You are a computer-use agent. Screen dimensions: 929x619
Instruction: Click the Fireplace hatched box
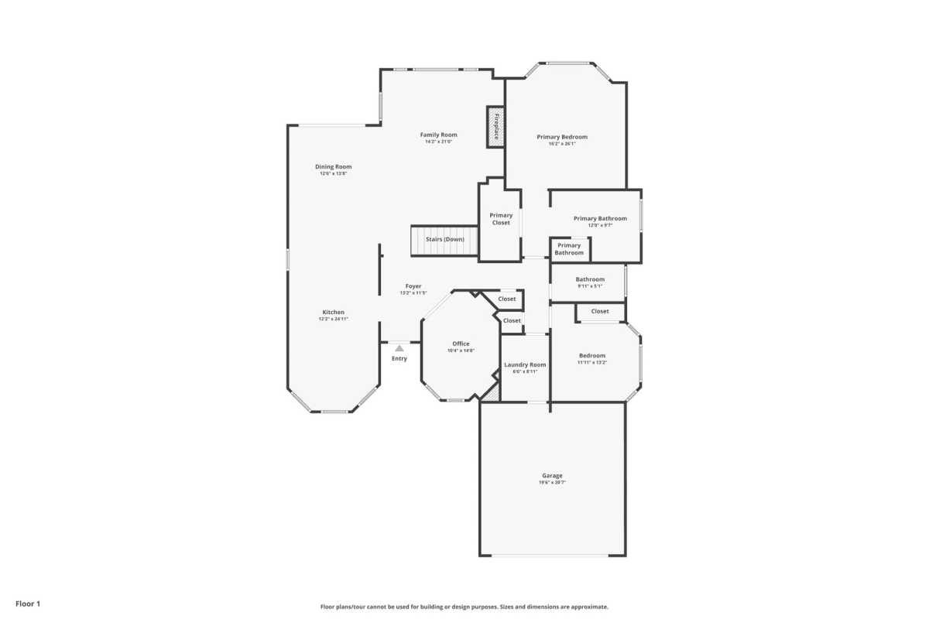click(x=495, y=127)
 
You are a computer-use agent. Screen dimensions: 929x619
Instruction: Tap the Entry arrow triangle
click(x=399, y=348)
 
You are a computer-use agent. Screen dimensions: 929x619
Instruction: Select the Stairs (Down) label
click(x=445, y=239)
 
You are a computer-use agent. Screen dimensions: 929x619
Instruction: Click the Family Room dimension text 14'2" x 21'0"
click(x=438, y=142)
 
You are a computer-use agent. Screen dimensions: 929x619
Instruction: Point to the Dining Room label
click(x=333, y=166)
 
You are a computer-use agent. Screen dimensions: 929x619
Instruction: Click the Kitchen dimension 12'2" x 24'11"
click(x=333, y=320)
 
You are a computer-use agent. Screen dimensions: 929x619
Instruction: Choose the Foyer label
click(x=413, y=286)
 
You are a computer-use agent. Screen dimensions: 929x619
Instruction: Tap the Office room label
click(x=461, y=344)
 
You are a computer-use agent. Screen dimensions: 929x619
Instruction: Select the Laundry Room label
click(x=525, y=365)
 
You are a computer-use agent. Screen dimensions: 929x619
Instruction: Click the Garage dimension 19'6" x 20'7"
click(x=552, y=483)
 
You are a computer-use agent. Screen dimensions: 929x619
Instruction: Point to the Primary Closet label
click(x=501, y=219)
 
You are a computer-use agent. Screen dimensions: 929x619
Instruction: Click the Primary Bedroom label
click(x=562, y=137)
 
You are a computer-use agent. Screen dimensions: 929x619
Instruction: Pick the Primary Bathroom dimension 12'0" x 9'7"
click(x=600, y=225)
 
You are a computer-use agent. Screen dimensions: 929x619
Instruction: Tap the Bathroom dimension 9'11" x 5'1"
click(x=590, y=286)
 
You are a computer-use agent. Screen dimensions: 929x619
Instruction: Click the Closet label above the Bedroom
click(x=600, y=311)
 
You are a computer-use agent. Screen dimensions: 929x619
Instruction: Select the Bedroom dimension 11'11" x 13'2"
click(x=591, y=362)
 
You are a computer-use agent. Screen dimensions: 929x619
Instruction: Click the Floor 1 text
click(x=28, y=604)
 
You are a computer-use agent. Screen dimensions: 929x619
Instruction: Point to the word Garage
click(x=552, y=476)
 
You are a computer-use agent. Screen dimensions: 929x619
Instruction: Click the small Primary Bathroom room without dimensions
click(x=570, y=250)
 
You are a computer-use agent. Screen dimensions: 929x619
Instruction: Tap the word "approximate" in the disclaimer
click(x=589, y=607)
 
